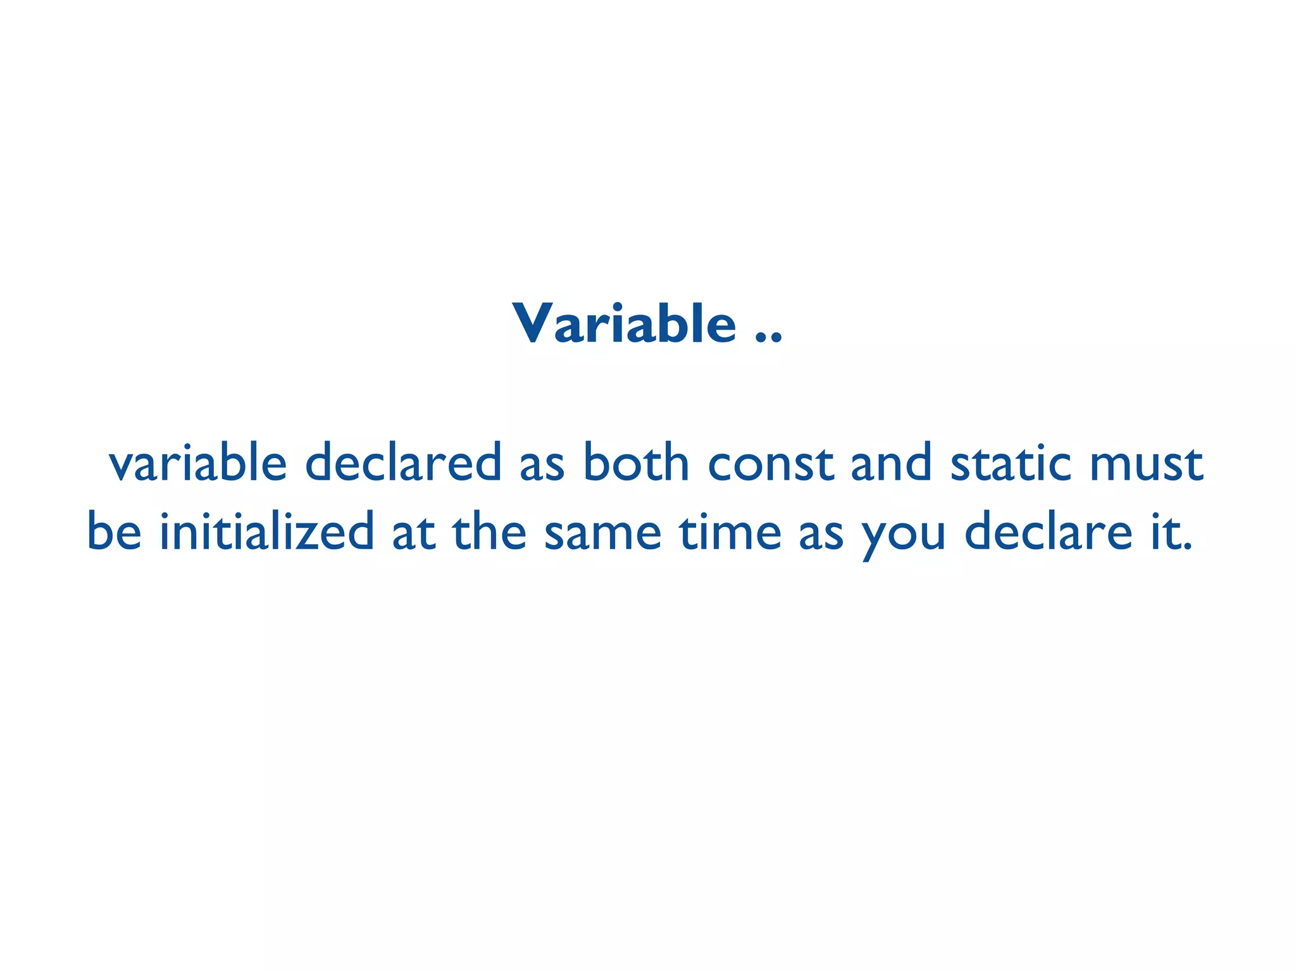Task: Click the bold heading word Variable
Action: pos(624,324)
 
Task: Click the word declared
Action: pos(404,463)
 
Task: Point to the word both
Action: pos(636,463)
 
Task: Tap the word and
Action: pos(891,463)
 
